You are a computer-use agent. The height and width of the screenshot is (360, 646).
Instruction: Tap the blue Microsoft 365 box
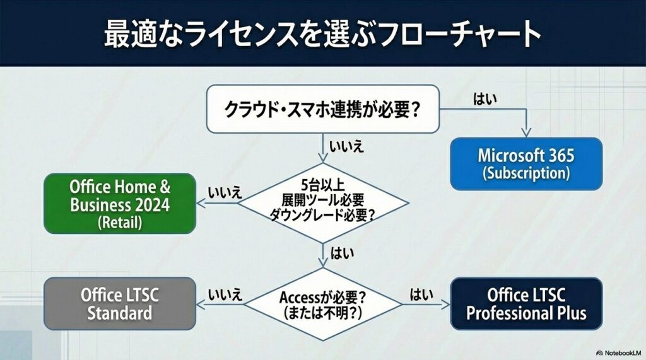[526, 163]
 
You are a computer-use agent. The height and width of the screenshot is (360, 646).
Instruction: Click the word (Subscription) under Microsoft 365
[526, 172]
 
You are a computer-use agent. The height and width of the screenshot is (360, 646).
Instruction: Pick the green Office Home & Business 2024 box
[120, 204]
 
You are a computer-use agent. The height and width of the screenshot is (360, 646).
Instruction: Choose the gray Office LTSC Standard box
[120, 303]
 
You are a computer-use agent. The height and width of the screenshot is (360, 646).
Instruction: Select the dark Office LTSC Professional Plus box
[526, 303]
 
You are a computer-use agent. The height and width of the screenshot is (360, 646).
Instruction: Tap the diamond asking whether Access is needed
[322, 303]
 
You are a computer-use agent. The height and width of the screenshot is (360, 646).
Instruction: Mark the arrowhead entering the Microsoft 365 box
[526, 133]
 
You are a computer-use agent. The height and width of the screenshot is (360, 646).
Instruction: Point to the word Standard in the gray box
[120, 312]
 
